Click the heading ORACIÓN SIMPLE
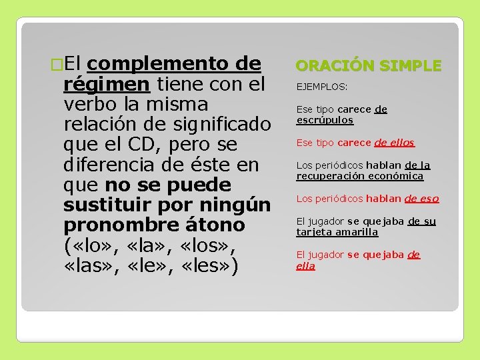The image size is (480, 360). tap(368, 65)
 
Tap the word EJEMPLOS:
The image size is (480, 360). tap(322, 87)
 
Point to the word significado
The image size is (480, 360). tap(223, 125)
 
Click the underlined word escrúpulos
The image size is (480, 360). tap(325, 121)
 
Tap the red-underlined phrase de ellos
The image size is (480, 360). tap(394, 143)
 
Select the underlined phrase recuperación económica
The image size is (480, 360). tap(360, 177)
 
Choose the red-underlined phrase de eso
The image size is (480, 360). tap(421, 199)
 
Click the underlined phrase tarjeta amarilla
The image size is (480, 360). tap(337, 232)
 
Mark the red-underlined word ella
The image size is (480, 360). tap(305, 266)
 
